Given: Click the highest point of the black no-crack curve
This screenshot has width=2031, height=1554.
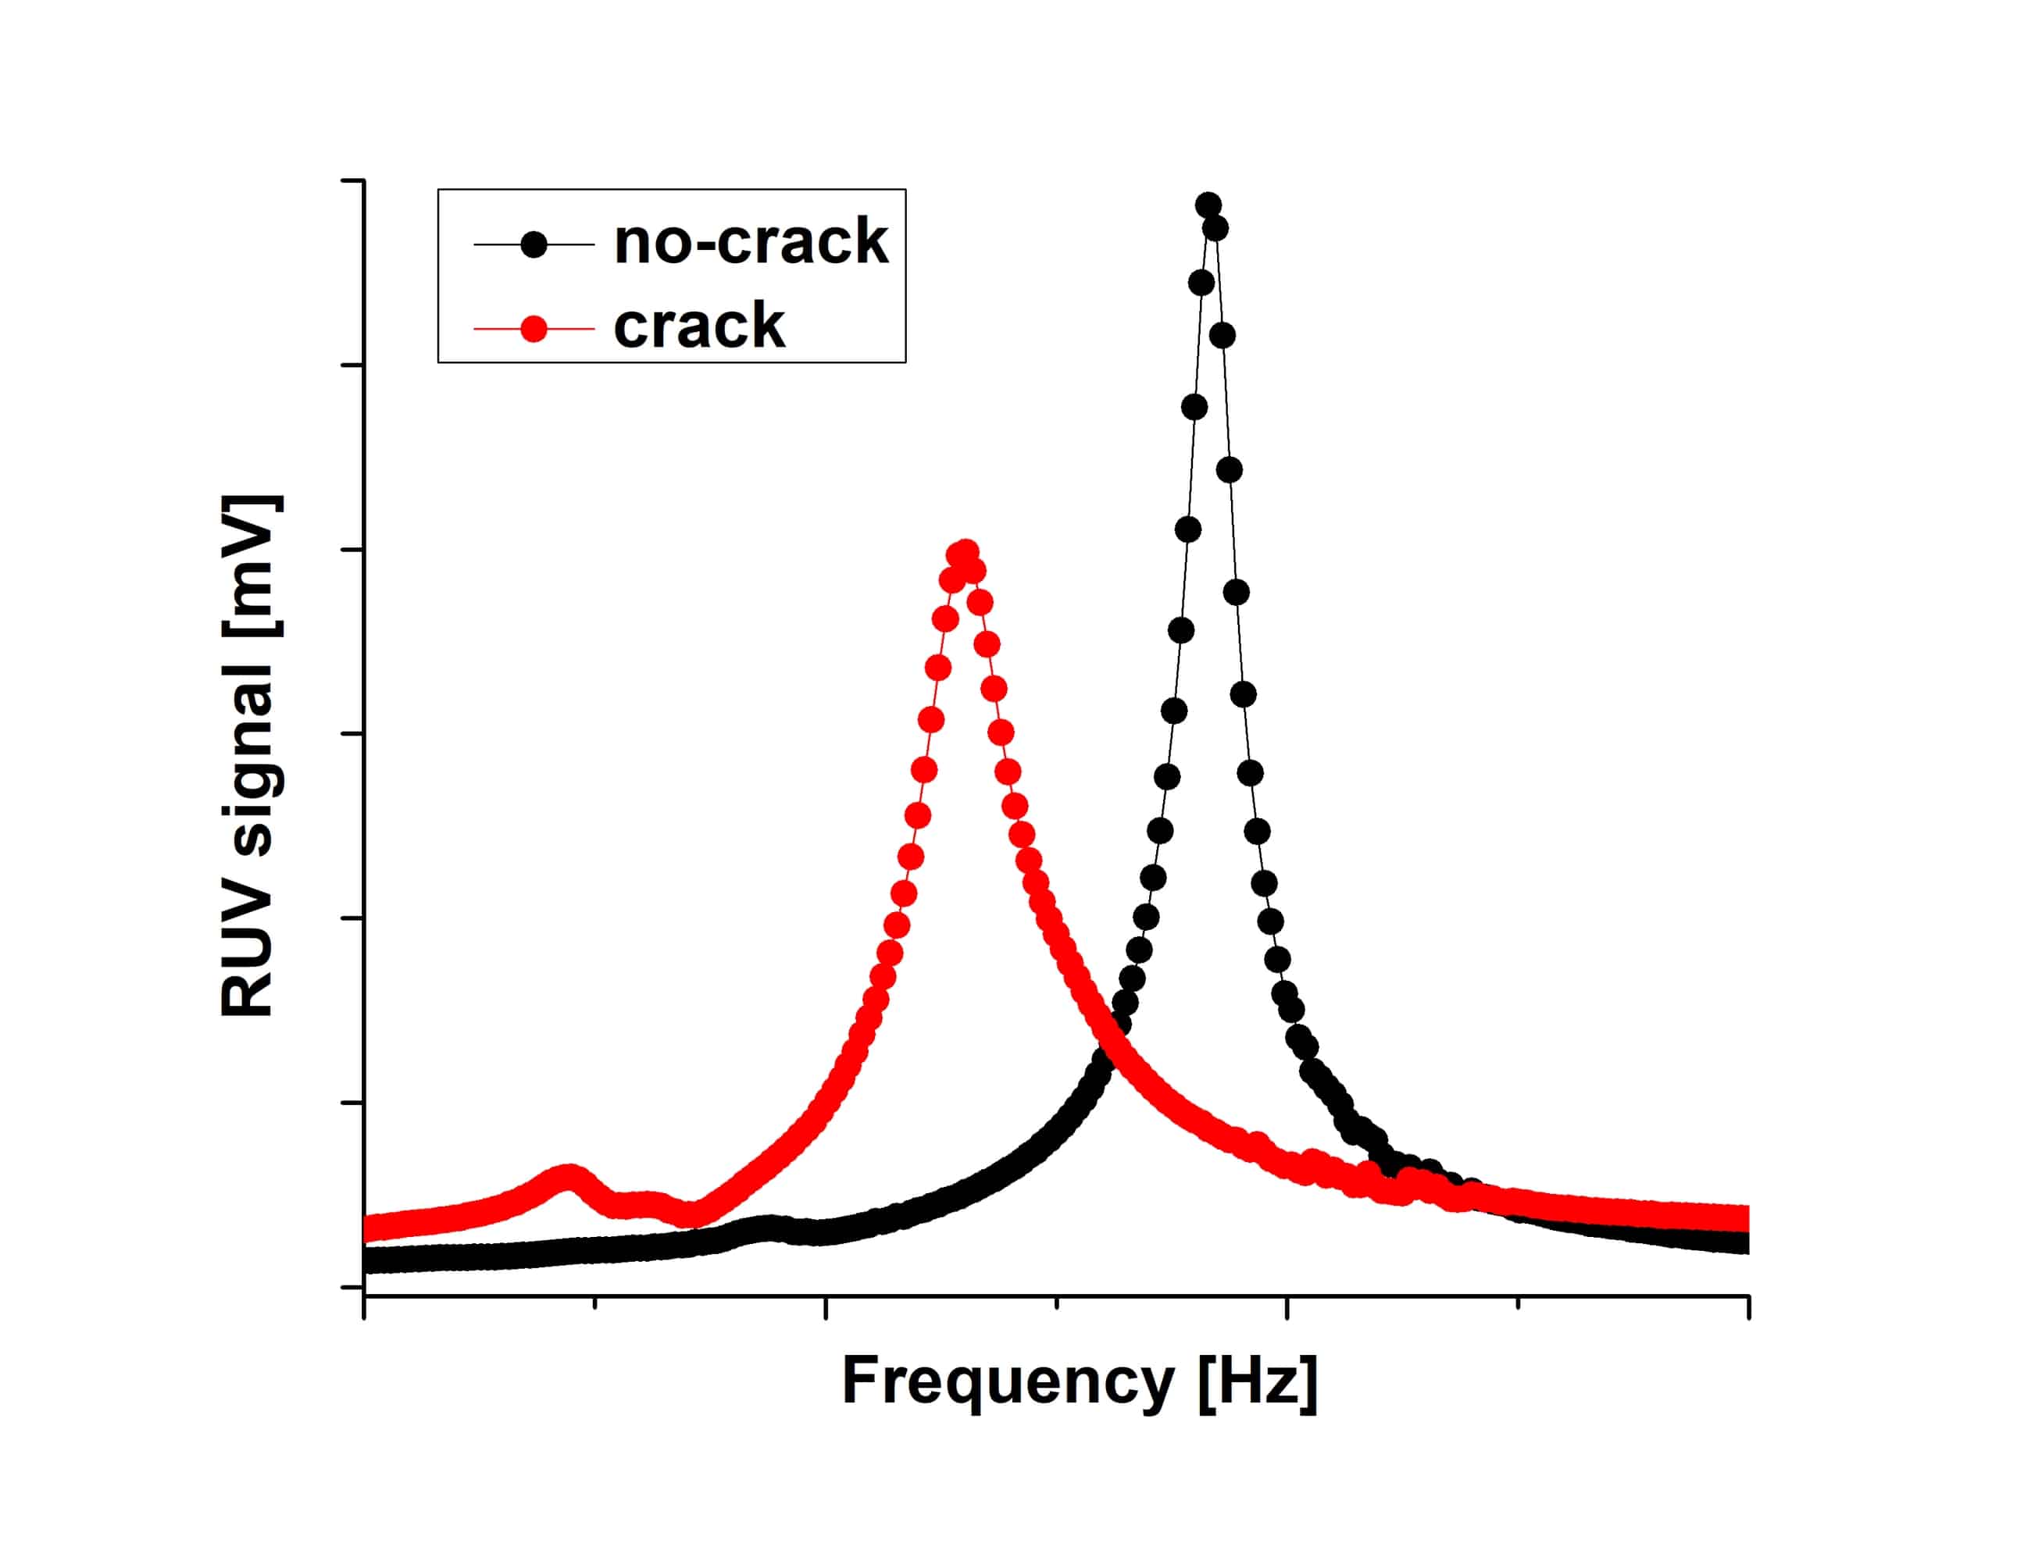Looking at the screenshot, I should pos(1208,205).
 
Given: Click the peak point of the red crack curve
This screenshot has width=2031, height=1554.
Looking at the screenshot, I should pos(965,553).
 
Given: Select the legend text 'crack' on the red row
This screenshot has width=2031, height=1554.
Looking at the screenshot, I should pos(698,326).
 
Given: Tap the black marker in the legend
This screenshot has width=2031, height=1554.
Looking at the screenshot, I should pos(534,244).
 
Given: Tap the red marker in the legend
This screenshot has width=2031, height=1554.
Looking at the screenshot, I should pos(534,329).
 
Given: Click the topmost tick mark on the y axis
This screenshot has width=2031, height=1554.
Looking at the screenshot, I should pos(352,181).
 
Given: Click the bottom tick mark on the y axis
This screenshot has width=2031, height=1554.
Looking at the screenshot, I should pos(352,1287).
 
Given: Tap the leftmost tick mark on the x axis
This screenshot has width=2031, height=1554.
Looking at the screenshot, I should pos(365,1307).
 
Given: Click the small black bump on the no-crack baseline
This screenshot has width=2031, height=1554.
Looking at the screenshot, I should pos(768,1228).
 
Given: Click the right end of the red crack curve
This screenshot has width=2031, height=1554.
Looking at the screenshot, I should pos(1741,1217).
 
